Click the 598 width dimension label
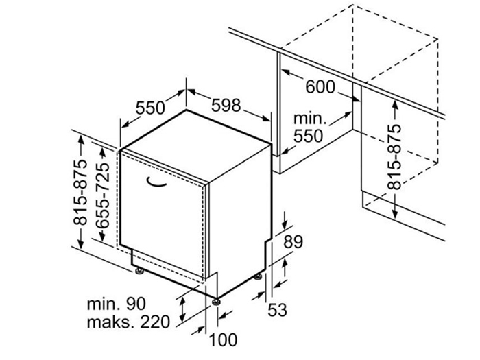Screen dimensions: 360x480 [226, 106]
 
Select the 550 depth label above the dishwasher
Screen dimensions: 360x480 [150, 108]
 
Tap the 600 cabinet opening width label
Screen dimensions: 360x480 [320, 88]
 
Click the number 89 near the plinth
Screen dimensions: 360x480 [293, 241]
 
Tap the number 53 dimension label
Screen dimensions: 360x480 [276, 310]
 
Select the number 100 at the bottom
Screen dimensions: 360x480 [223, 339]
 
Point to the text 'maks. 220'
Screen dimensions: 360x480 [128, 322]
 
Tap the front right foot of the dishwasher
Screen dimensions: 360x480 [217, 299]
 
